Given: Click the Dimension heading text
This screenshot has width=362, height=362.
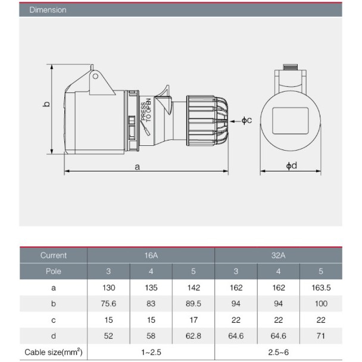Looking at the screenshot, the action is point(48,10).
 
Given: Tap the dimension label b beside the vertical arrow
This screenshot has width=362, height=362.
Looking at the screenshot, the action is point(46,104).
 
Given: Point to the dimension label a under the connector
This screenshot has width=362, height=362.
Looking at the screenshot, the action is point(138,167).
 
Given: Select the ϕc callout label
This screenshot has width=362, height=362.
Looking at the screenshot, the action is point(246,120).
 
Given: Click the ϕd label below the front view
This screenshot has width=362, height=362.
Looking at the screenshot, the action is point(291,166).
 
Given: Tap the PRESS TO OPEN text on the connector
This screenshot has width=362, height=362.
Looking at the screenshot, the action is point(146,110).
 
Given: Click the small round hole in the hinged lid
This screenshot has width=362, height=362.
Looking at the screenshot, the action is point(95,76).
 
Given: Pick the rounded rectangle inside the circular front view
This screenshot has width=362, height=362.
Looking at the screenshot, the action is point(290,121).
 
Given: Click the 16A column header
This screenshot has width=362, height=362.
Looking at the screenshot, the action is point(151,255).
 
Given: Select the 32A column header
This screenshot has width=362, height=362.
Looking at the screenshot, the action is point(278,255).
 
